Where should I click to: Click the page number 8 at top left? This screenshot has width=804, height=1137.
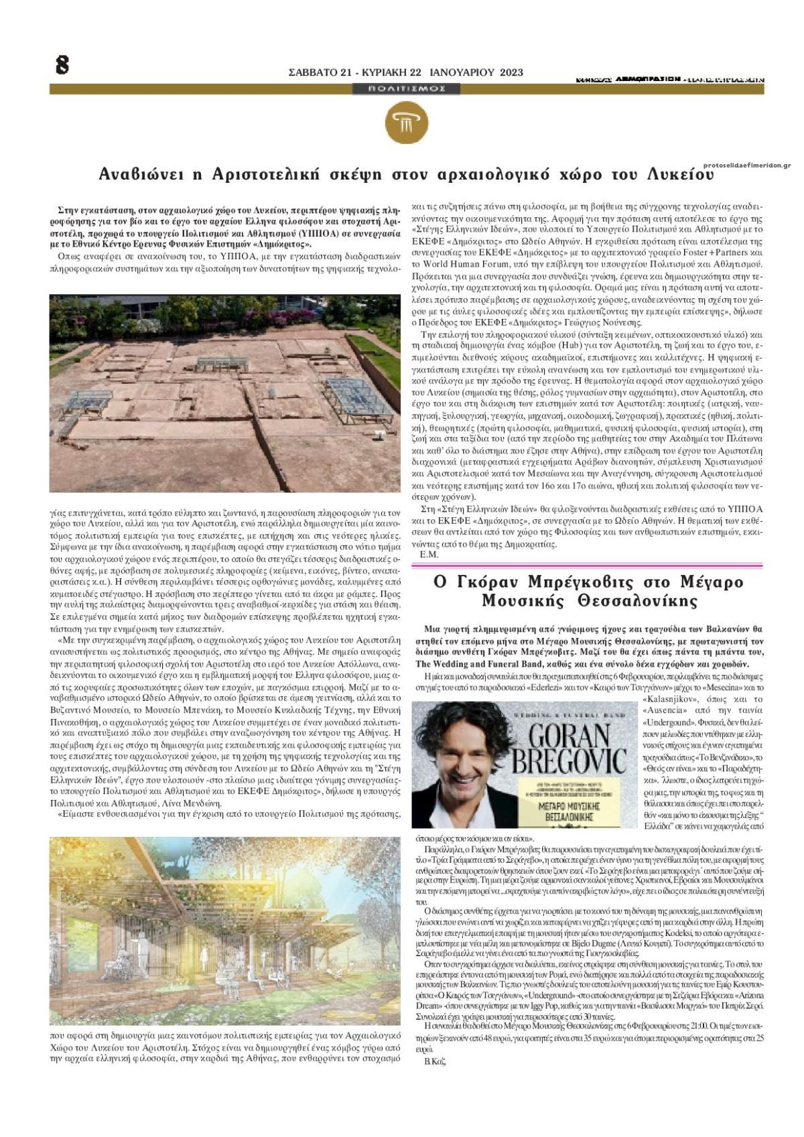click(62, 65)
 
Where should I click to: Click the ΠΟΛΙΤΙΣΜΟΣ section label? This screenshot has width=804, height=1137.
click(407, 88)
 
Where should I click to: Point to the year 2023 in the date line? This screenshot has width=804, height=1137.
click(511, 72)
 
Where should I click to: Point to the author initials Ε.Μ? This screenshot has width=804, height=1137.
click(429, 555)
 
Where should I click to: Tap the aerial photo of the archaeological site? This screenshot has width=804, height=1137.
click(224, 393)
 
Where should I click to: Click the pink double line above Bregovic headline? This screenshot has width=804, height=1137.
click(587, 566)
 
